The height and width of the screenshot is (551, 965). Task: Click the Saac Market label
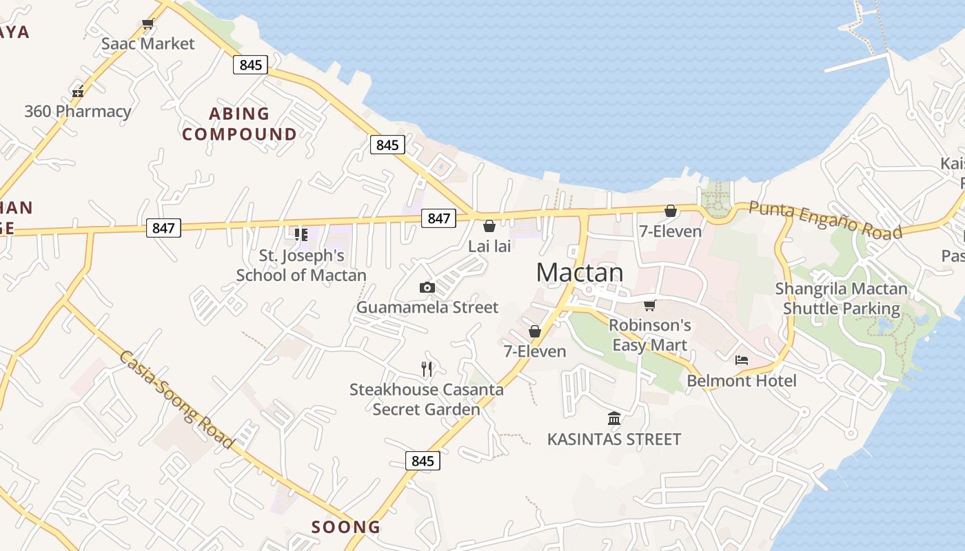(x=148, y=43)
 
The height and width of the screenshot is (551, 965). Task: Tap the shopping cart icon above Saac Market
(x=148, y=24)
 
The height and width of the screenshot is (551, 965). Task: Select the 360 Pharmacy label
(x=78, y=111)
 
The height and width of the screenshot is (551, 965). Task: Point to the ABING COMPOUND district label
(x=240, y=123)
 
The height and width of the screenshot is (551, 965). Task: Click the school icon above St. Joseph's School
(x=301, y=235)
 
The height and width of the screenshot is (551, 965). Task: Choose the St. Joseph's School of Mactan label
(x=301, y=265)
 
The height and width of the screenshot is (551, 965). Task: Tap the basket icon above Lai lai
(x=489, y=226)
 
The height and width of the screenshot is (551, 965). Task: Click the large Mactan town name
(x=580, y=273)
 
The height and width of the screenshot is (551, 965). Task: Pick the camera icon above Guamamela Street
(x=427, y=288)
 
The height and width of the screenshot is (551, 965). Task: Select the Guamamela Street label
(x=427, y=307)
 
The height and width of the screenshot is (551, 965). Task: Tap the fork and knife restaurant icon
(x=427, y=369)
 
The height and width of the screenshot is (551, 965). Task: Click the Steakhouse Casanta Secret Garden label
(x=427, y=399)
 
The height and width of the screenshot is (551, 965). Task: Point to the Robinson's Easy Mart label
(x=650, y=335)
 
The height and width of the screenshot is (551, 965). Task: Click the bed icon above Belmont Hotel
(x=742, y=360)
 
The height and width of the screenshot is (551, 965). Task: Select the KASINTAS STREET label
(x=614, y=439)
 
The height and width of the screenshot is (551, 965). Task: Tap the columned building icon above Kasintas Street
(x=614, y=418)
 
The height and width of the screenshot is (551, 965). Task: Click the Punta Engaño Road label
(x=825, y=220)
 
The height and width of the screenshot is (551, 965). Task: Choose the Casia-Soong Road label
(x=176, y=399)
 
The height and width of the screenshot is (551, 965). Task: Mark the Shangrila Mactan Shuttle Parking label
(x=842, y=298)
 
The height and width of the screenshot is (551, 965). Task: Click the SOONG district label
(x=346, y=527)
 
